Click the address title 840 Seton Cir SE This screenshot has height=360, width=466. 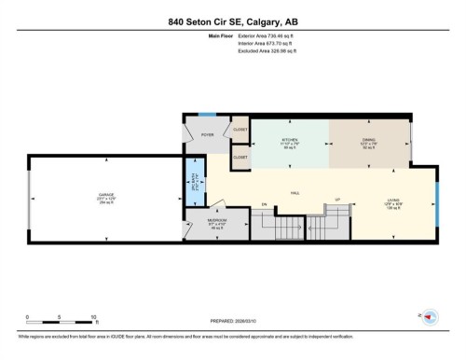point(233,21)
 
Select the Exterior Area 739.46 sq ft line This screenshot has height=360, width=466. point(263,35)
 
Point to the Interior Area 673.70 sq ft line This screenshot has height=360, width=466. point(263,43)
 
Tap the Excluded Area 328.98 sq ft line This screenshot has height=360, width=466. point(263,50)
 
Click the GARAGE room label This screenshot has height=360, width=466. point(106,196)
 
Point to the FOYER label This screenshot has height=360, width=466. point(207,134)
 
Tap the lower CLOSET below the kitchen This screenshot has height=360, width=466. point(240,158)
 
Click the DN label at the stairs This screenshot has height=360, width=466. point(264,203)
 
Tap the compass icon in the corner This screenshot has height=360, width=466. point(431,317)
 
